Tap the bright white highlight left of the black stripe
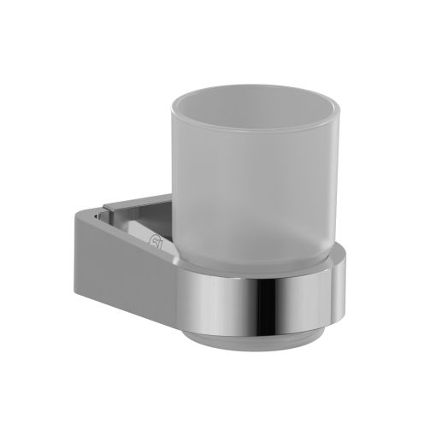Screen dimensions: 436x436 click(x=244, y=299)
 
